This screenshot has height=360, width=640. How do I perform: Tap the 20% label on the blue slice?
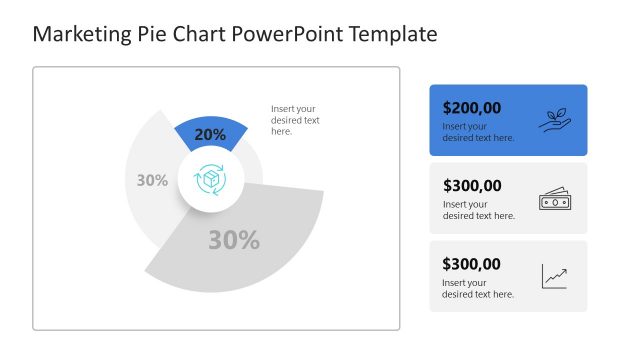pos(210,134)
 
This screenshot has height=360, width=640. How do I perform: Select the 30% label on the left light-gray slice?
pos(152,181)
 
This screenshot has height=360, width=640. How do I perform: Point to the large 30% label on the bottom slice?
pos(234,240)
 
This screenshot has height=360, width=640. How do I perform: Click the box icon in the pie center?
pos(211,180)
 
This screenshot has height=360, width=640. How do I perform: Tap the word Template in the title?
pos(391,34)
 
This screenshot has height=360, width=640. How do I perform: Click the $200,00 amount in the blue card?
pos(472,107)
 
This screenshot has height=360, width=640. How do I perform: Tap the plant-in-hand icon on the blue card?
pos(554,120)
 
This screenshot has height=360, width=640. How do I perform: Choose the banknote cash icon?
pos(554,199)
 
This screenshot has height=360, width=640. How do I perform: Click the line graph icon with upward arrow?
pos(554,276)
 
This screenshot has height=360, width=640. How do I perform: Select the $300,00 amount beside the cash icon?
pos(472,185)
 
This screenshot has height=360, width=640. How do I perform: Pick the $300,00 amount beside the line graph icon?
pos(472,264)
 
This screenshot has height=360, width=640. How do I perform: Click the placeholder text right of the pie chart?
pos(295,120)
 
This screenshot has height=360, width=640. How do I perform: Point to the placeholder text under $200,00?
pos(478,132)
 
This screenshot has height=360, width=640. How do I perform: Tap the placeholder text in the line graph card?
pos(478,289)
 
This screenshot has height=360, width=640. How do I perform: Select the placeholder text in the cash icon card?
pos(478,210)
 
